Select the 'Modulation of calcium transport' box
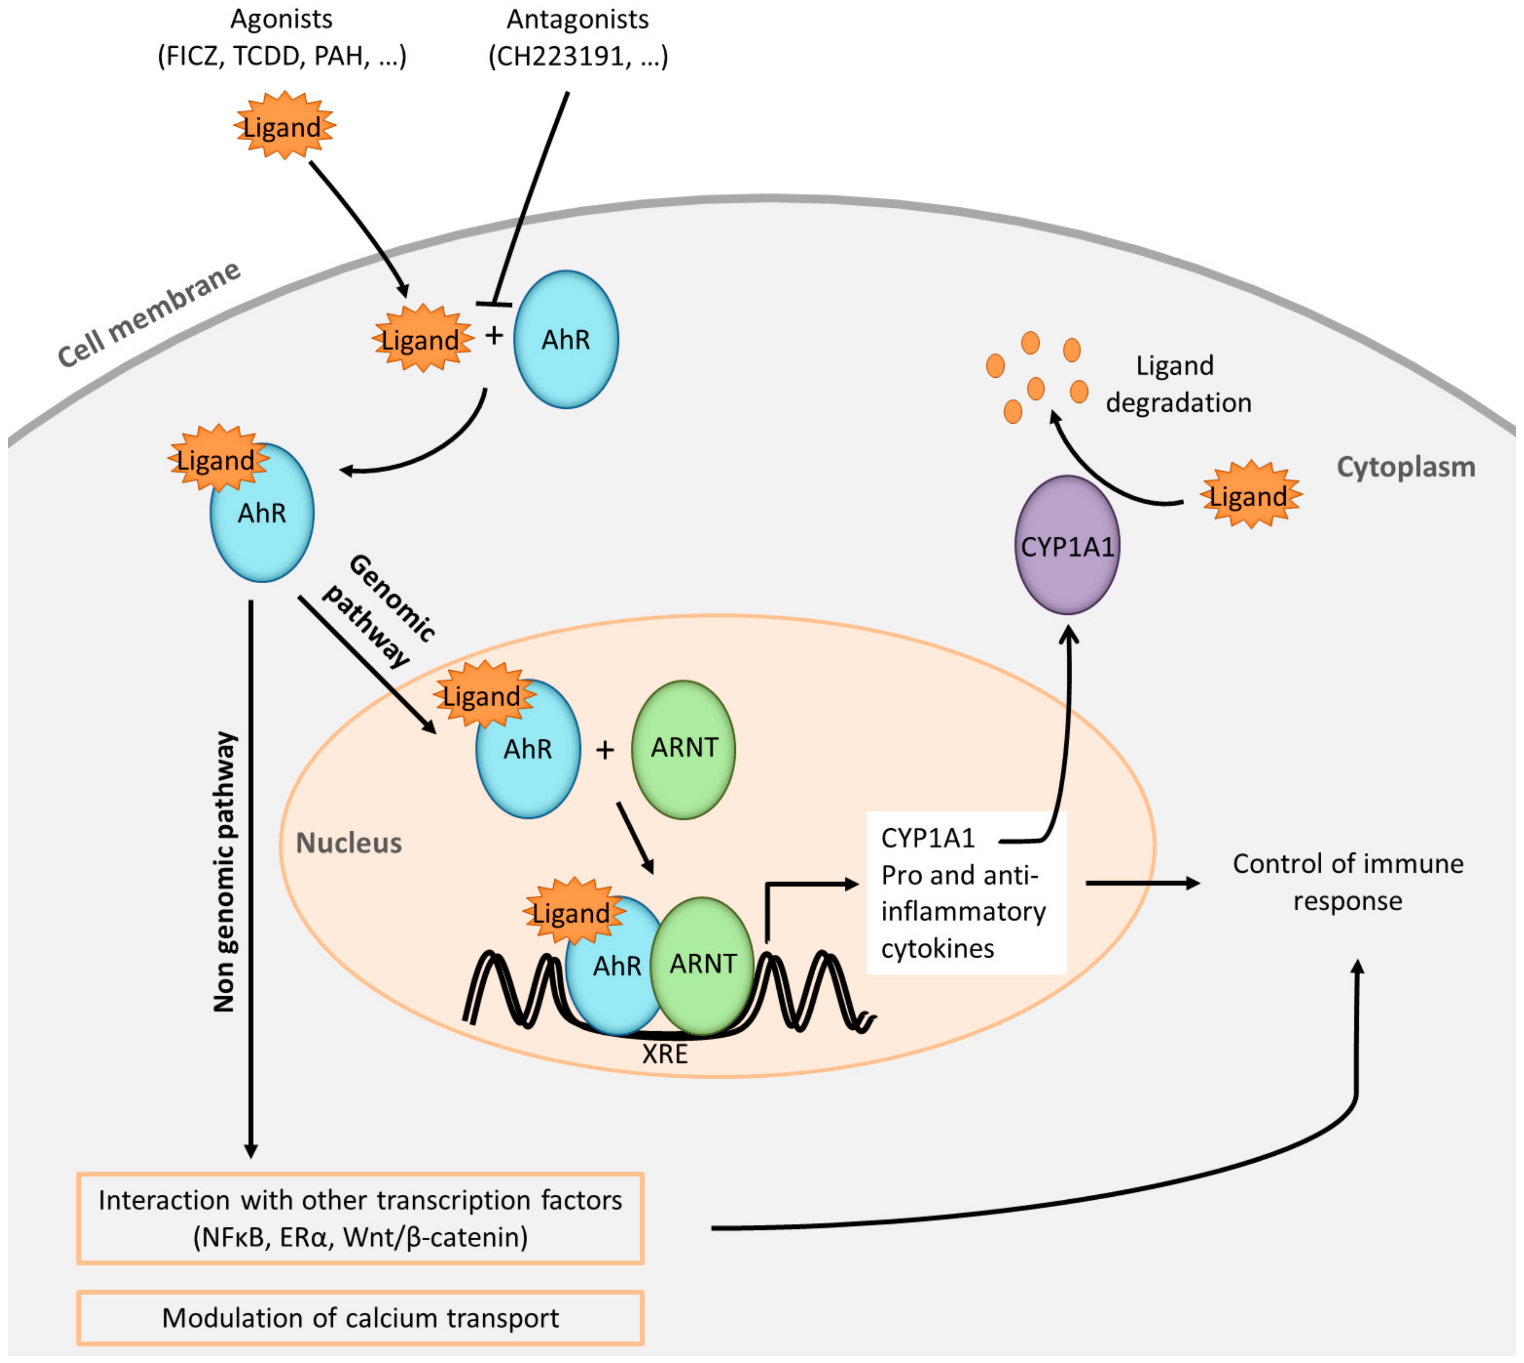[x=360, y=1317]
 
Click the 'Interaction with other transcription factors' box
[x=360, y=1218]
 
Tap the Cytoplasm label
[x=1406, y=467]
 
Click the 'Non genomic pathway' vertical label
[x=225, y=873]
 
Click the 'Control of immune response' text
[x=1348, y=882]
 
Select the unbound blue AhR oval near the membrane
[x=566, y=339]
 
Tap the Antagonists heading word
[x=577, y=19]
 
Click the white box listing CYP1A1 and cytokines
[x=966, y=892]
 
